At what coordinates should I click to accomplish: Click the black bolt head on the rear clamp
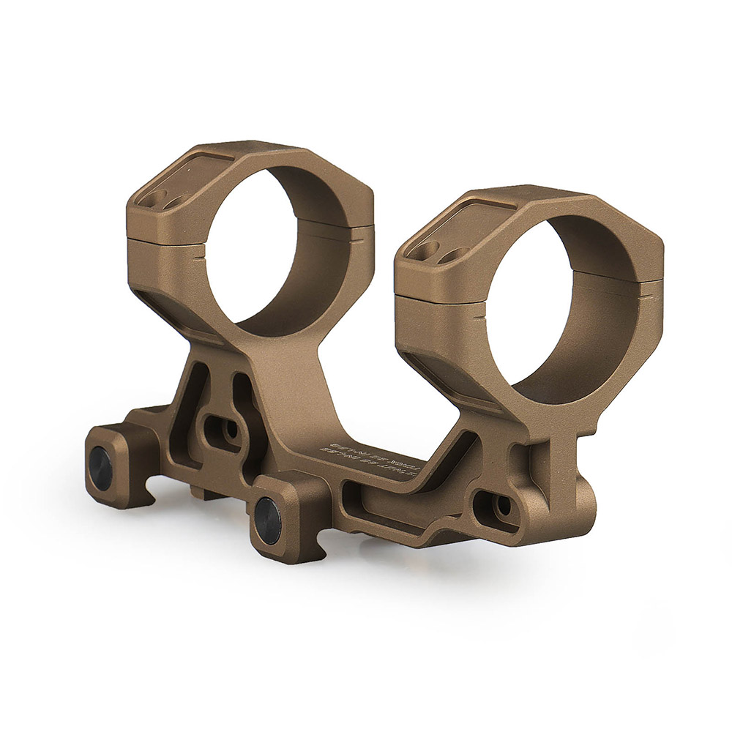tap(100, 463)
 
